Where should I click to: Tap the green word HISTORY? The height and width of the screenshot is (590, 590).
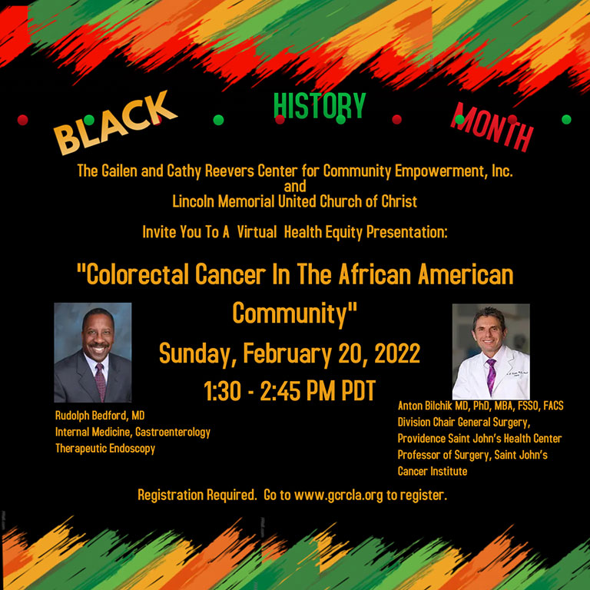pyautogui.click(x=320, y=106)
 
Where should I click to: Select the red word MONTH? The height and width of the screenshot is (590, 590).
pyautogui.click(x=492, y=127)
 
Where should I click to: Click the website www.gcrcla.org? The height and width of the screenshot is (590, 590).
pyautogui.click(x=337, y=496)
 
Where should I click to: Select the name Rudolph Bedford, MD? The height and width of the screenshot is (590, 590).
pyautogui.click(x=100, y=415)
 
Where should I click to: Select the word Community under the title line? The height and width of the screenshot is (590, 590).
pyautogui.click(x=295, y=313)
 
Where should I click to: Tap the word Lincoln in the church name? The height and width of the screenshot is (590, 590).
pyautogui.click(x=196, y=202)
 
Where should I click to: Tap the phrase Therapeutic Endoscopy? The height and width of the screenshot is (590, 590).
pyautogui.click(x=105, y=448)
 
